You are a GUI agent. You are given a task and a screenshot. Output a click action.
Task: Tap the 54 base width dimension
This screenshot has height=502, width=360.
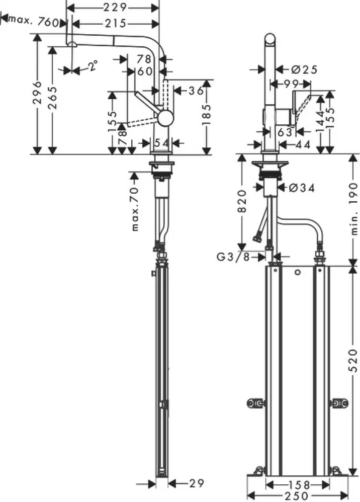click(x=161, y=143)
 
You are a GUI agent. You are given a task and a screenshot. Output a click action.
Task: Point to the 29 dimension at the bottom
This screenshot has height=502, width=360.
click(x=196, y=484)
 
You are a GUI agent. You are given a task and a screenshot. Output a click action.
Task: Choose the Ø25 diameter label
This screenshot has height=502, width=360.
click(x=304, y=70)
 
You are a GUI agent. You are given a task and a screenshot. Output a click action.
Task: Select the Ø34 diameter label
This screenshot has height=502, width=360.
click(x=302, y=188)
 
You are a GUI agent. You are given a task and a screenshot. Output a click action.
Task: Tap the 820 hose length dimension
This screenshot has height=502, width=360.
click(x=241, y=202)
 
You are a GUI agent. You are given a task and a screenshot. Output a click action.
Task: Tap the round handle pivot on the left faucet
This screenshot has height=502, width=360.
click(x=164, y=118)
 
